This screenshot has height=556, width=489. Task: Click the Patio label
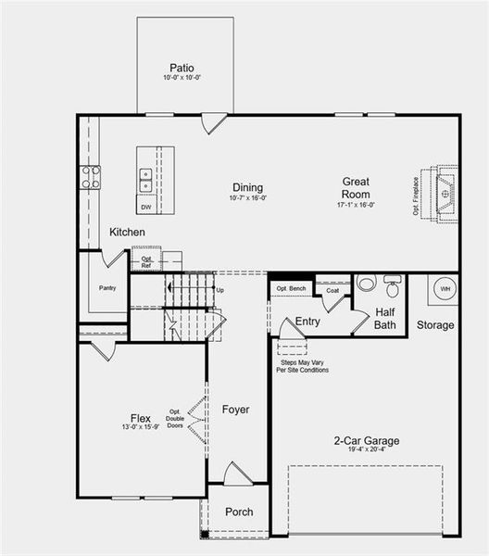181,68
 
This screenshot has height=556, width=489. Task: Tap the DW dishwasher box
146,206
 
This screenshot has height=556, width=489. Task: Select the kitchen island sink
146,175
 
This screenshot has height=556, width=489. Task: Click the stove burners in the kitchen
90,177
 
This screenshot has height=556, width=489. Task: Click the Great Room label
357,188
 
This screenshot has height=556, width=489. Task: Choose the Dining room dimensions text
247,197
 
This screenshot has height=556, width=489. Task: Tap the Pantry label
107,287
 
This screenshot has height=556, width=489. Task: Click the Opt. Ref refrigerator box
145,261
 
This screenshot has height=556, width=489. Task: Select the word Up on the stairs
219,290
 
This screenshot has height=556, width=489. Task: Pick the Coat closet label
332,290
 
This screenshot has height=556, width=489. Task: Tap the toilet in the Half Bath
392,283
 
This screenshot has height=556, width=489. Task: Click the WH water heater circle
445,289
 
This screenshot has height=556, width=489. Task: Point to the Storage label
435,325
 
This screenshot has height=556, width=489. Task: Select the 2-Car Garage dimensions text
367,450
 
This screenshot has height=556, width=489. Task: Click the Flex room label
141,418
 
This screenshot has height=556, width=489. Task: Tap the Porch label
239,512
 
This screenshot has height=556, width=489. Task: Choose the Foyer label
236,409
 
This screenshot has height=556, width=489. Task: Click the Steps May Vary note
302,365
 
